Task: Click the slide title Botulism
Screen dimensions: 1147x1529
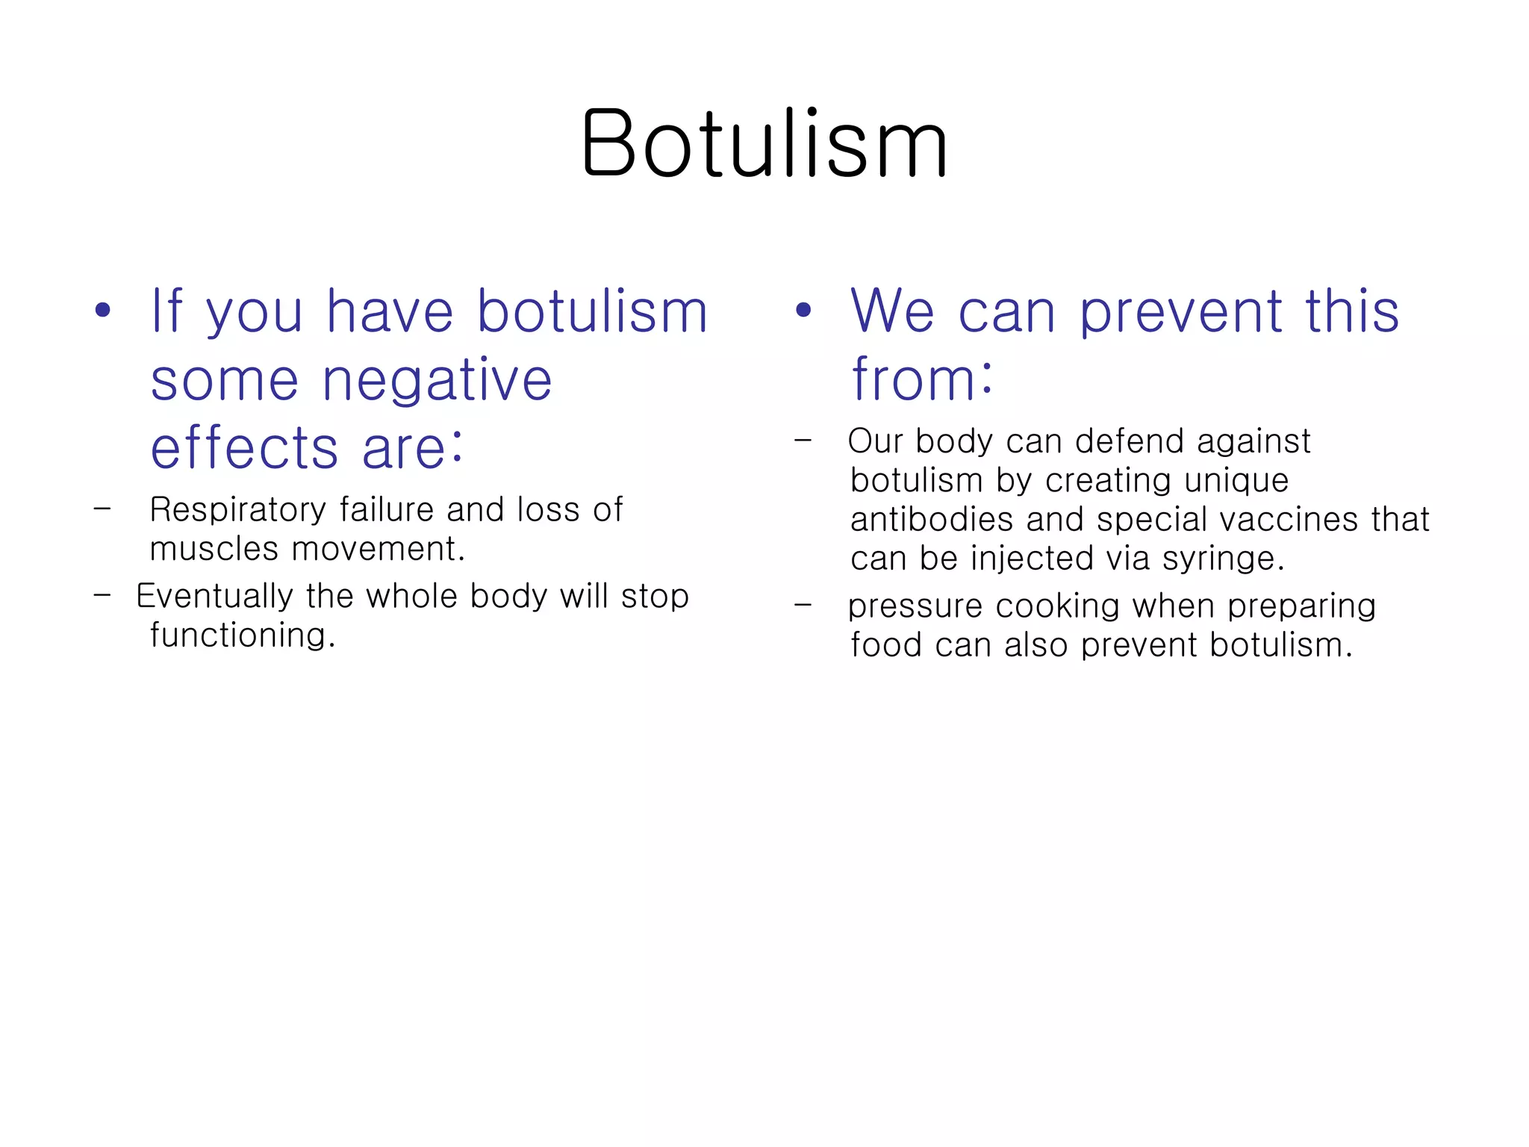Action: [x=764, y=143]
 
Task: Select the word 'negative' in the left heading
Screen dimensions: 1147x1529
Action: [x=437, y=381]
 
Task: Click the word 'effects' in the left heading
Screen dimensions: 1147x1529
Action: [x=245, y=448]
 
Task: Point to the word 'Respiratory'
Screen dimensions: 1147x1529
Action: [x=238, y=511]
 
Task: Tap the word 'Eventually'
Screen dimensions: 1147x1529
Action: [x=214, y=597]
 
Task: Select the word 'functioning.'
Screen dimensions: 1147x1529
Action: [x=243, y=635]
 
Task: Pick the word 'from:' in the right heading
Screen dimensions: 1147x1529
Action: [x=922, y=379]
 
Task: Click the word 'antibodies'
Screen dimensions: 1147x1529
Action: [x=932, y=520]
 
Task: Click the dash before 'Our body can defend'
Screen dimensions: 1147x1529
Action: [x=803, y=441]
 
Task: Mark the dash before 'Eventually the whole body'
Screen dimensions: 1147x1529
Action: [x=102, y=596]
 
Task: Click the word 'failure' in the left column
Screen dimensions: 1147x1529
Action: [x=387, y=510]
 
